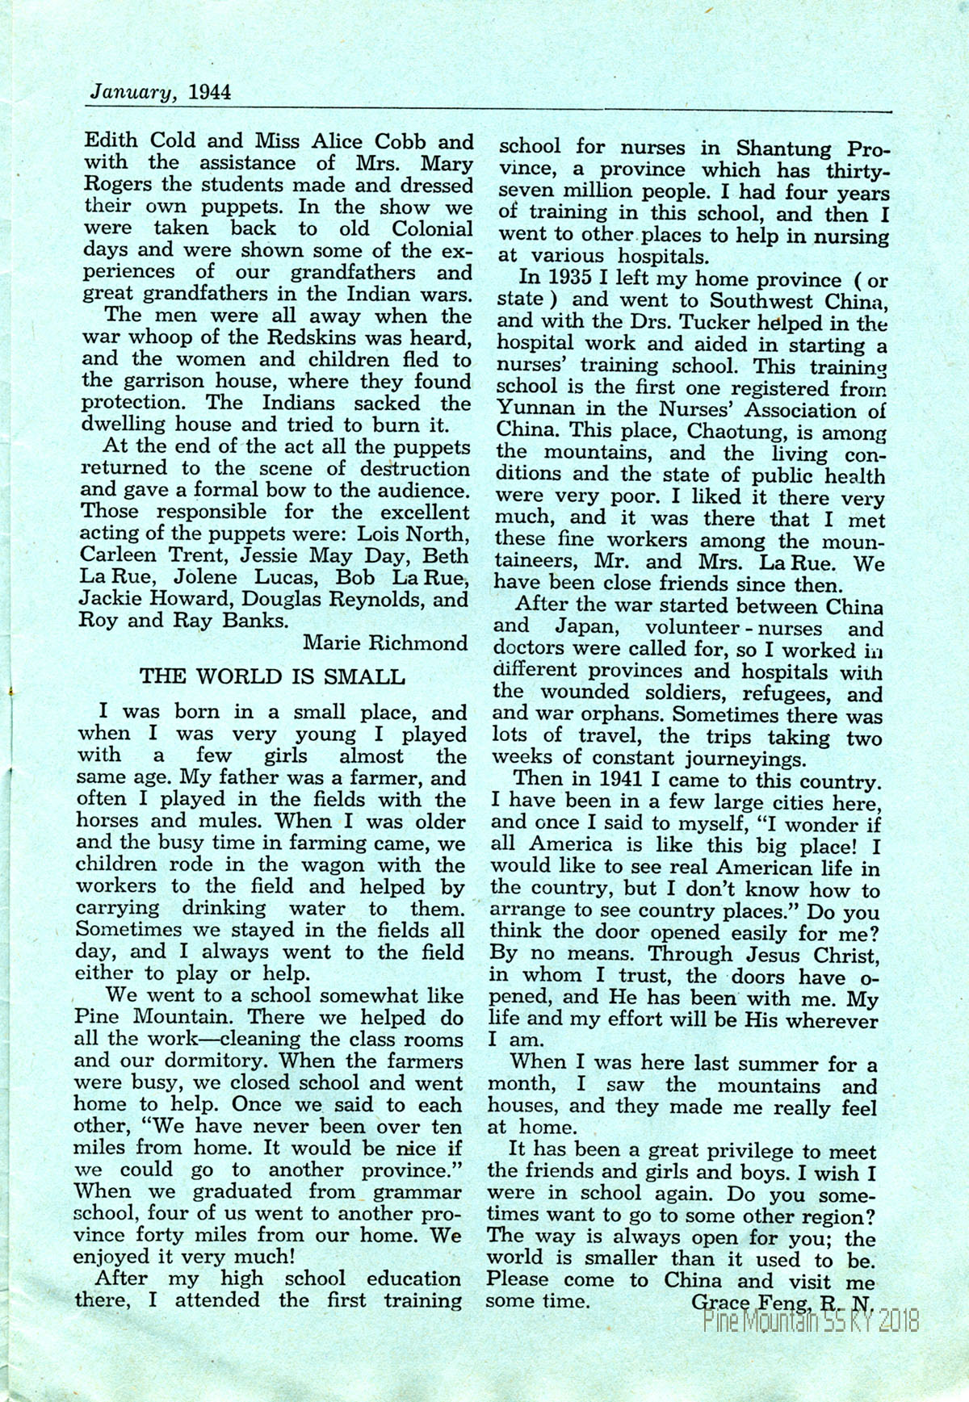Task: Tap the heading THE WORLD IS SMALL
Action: click(x=272, y=676)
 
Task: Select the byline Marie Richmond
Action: click(x=385, y=642)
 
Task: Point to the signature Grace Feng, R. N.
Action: click(x=782, y=1301)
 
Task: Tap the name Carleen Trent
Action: click(x=141, y=556)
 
